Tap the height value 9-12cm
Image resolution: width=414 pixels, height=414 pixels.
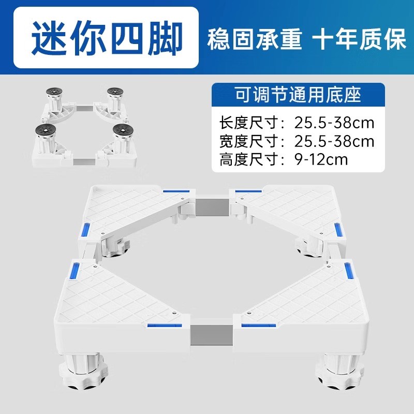point(318,158)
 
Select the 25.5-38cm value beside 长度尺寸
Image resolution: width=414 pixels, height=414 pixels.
point(334,124)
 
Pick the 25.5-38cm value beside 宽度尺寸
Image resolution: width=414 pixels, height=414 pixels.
point(334,141)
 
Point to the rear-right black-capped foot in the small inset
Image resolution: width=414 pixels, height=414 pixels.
point(113,95)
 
